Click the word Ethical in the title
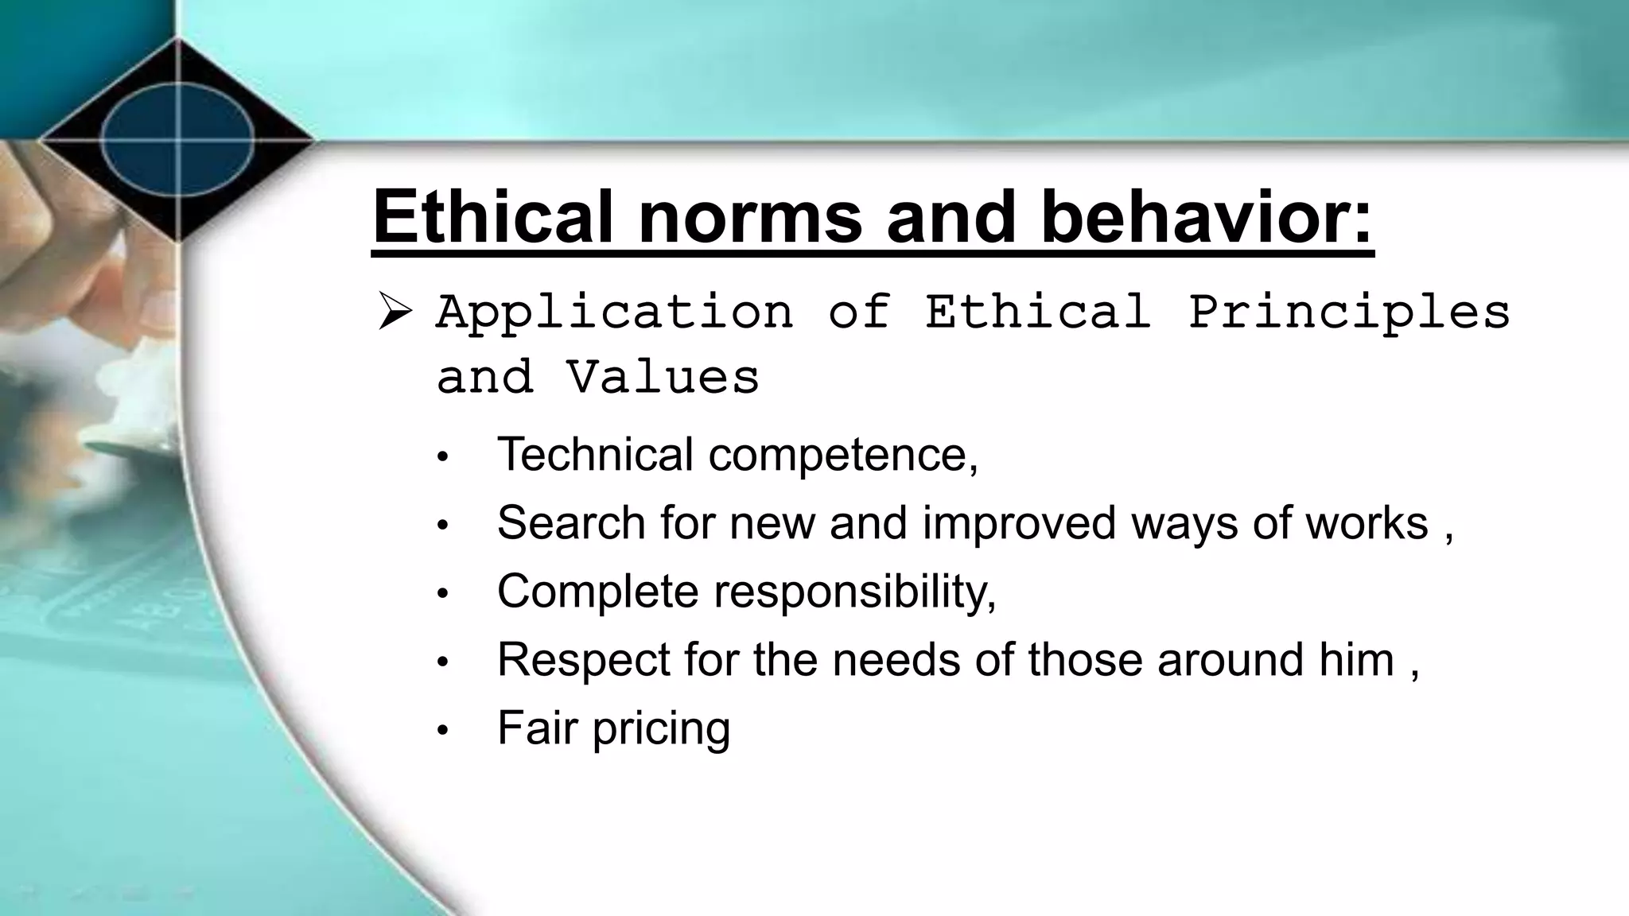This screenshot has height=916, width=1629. pos(494,215)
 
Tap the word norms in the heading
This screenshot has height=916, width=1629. pos(749,215)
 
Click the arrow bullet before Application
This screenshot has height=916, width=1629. pos(395,311)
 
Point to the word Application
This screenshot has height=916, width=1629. pos(614,311)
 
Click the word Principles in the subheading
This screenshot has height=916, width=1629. pos(1349,311)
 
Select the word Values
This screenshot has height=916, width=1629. pos(663,377)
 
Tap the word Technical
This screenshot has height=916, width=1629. pos(595,454)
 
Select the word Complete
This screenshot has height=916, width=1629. pos(597,592)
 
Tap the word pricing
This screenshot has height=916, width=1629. pos(661,729)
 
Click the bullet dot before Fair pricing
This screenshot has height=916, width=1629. pos(443,730)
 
